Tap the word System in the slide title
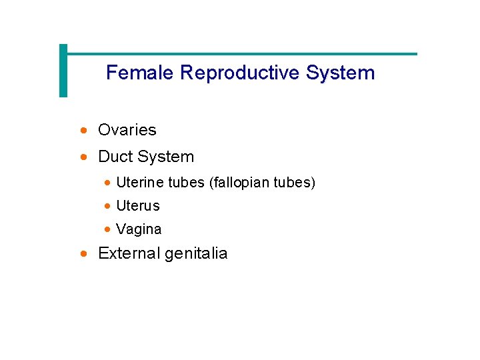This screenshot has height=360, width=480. (341, 73)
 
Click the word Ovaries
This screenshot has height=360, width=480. (127, 130)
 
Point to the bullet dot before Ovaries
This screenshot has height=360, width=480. (83, 131)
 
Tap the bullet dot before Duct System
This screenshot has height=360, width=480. (83, 157)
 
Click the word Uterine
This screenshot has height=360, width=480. (140, 183)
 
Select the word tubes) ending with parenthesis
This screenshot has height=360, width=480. (293, 183)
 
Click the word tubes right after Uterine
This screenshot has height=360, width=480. (186, 183)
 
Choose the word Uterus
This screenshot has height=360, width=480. (138, 206)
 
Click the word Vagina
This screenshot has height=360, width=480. (139, 229)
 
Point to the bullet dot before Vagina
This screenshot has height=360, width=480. (108, 230)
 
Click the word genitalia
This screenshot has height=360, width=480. (196, 254)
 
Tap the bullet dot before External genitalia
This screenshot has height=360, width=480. (83, 254)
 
